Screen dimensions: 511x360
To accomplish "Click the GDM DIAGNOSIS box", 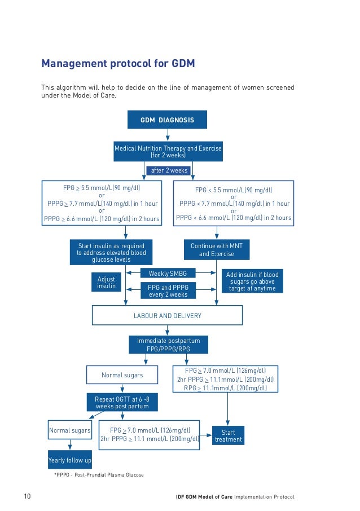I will tap(168, 120).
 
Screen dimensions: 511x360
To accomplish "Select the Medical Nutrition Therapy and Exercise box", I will tap(168, 151).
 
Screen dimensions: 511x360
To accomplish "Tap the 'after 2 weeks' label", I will tap(168, 170).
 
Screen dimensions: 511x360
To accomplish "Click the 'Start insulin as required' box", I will tap(111, 253).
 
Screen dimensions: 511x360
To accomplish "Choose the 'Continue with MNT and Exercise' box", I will tap(216, 250).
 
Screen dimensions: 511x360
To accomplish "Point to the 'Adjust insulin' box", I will tap(106, 283).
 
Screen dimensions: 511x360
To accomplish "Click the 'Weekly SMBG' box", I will tap(168, 274).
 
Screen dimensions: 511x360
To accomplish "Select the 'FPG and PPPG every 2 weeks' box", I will tap(168, 290).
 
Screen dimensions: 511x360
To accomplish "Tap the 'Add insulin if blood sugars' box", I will tap(252, 281).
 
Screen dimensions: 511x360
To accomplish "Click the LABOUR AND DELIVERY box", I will tap(167, 315).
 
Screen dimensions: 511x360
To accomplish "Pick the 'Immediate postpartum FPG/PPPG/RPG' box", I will tap(168, 345).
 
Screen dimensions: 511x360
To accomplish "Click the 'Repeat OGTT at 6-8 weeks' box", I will tap(122, 402).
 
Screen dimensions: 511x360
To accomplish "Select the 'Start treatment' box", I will tap(228, 435).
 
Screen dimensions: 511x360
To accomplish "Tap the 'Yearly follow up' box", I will tap(69, 460).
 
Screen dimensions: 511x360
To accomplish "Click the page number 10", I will tap(27, 496).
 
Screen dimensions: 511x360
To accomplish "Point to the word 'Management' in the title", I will tap(69, 64).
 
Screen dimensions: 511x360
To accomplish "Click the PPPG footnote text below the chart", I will tap(99, 475).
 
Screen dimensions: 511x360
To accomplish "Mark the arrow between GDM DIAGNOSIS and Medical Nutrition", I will tap(168, 135).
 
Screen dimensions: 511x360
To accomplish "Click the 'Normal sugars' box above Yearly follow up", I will tap(69, 430).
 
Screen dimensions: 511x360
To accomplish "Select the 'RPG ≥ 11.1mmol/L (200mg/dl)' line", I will tap(225, 389).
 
